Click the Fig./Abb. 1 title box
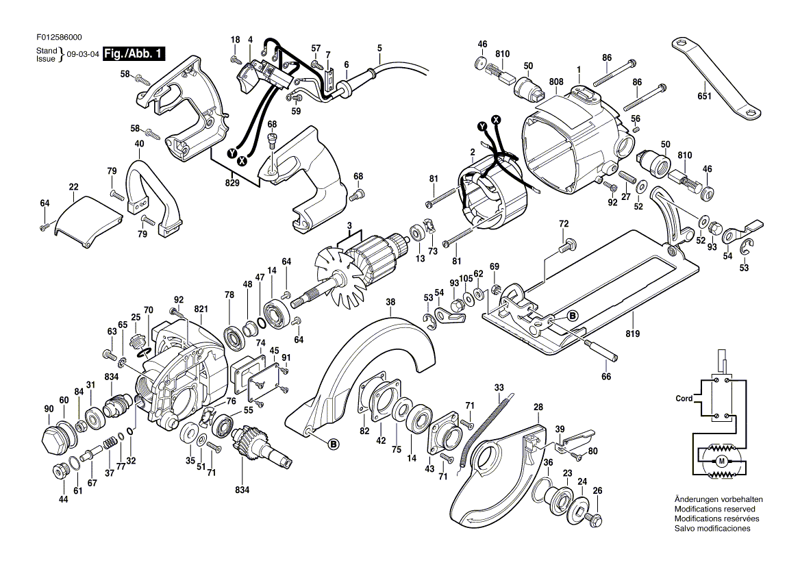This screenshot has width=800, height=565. pos(134,55)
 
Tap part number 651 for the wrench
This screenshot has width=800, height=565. pos(705,97)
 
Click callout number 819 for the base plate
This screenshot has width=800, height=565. pos(632,334)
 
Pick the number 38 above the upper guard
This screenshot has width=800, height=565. pos(390,301)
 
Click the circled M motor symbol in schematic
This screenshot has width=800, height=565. pos(721,462)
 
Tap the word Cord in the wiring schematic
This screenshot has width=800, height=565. pos(684,399)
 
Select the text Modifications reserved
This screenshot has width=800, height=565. pos(714,510)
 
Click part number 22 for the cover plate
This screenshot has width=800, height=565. pos(74,187)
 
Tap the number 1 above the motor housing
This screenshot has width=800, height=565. pos(578,69)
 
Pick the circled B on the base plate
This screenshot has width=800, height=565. pos(572,316)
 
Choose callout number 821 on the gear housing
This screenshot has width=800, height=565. pos(201,310)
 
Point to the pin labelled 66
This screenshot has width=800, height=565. pos(603,350)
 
